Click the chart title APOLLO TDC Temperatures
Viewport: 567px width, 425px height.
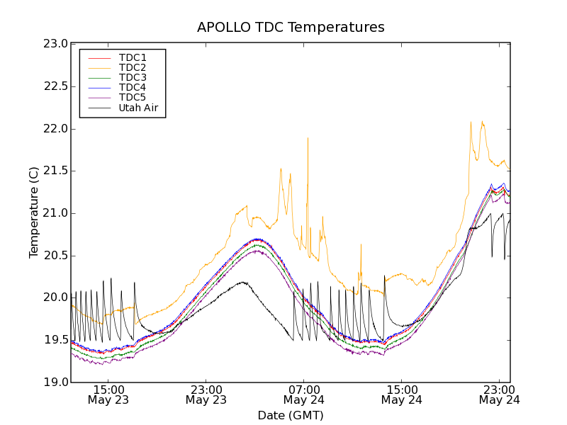tap(291, 28)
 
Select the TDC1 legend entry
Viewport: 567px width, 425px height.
tap(133, 57)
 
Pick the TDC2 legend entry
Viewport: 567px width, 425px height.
tap(133, 67)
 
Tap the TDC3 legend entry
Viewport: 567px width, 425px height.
tap(133, 77)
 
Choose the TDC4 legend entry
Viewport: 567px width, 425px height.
tap(133, 87)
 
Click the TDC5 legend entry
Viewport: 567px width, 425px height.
tap(133, 97)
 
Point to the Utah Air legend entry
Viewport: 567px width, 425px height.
tap(138, 108)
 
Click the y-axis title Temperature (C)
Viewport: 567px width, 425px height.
tap(34, 212)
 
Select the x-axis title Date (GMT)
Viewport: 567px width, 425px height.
tap(291, 415)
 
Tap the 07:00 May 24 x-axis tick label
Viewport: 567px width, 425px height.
tap(303, 395)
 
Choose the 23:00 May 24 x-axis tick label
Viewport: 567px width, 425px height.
tap(499, 395)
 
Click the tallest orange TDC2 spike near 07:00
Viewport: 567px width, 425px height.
tap(308, 137)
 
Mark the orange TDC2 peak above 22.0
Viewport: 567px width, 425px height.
tap(471, 122)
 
